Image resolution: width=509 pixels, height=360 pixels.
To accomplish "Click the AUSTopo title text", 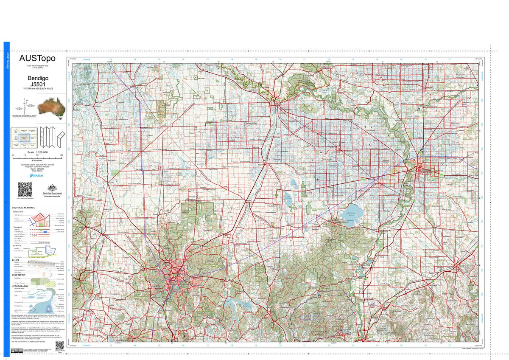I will pyautogui.click(x=37, y=58).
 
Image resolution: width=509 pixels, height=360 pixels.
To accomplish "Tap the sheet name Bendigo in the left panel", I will pyautogui.click(x=38, y=79).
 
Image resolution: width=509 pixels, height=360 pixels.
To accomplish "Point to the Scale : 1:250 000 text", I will pyautogui.click(x=38, y=152).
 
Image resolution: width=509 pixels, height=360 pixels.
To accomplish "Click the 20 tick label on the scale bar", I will pyautogui.click(x=62, y=156).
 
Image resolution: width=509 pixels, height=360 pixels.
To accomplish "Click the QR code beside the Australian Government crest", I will pyautogui.click(x=25, y=189).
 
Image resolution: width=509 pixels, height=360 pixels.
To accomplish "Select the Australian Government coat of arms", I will pyautogui.click(x=52, y=188).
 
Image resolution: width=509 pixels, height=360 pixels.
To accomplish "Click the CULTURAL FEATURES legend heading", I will pyautogui.click(x=23, y=208).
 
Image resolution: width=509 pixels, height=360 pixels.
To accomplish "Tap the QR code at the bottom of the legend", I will pyautogui.click(x=59, y=346).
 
